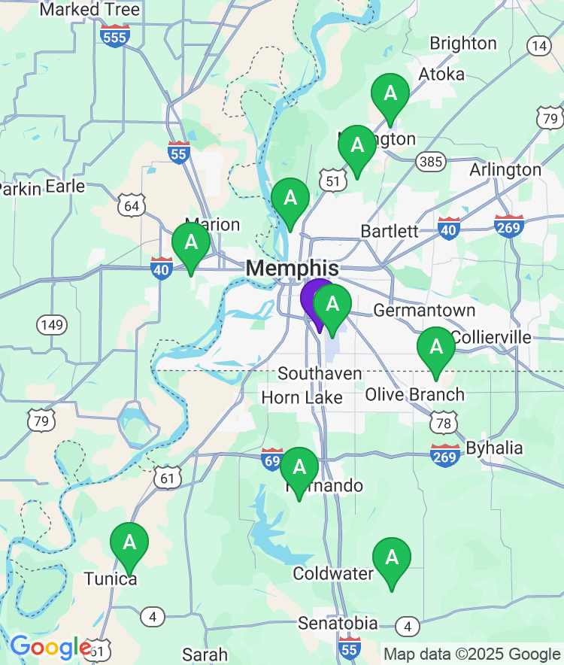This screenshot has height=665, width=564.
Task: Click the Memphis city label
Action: tap(292, 269)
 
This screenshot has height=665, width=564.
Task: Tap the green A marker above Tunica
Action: tap(129, 542)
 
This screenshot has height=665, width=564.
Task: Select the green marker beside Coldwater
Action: tap(392, 558)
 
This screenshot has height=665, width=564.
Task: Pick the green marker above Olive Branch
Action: tap(436, 348)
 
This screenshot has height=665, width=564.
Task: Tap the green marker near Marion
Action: tap(191, 243)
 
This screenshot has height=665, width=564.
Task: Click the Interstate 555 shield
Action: tap(115, 35)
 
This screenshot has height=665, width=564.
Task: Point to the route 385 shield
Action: tap(432, 162)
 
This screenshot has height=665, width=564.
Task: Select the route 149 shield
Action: tap(51, 325)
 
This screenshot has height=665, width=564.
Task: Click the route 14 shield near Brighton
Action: tap(538, 46)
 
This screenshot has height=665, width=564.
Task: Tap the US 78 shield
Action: tap(444, 424)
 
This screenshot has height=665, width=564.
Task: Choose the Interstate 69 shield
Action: tap(272, 459)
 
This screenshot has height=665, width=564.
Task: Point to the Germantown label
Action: tap(424, 311)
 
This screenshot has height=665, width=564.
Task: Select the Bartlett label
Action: tap(390, 231)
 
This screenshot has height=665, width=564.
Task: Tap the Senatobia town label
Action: tap(338, 624)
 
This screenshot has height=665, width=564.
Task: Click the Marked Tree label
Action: tap(89, 10)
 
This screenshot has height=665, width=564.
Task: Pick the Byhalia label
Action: tap(494, 448)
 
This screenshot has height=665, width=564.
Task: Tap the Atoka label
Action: tap(441, 74)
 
